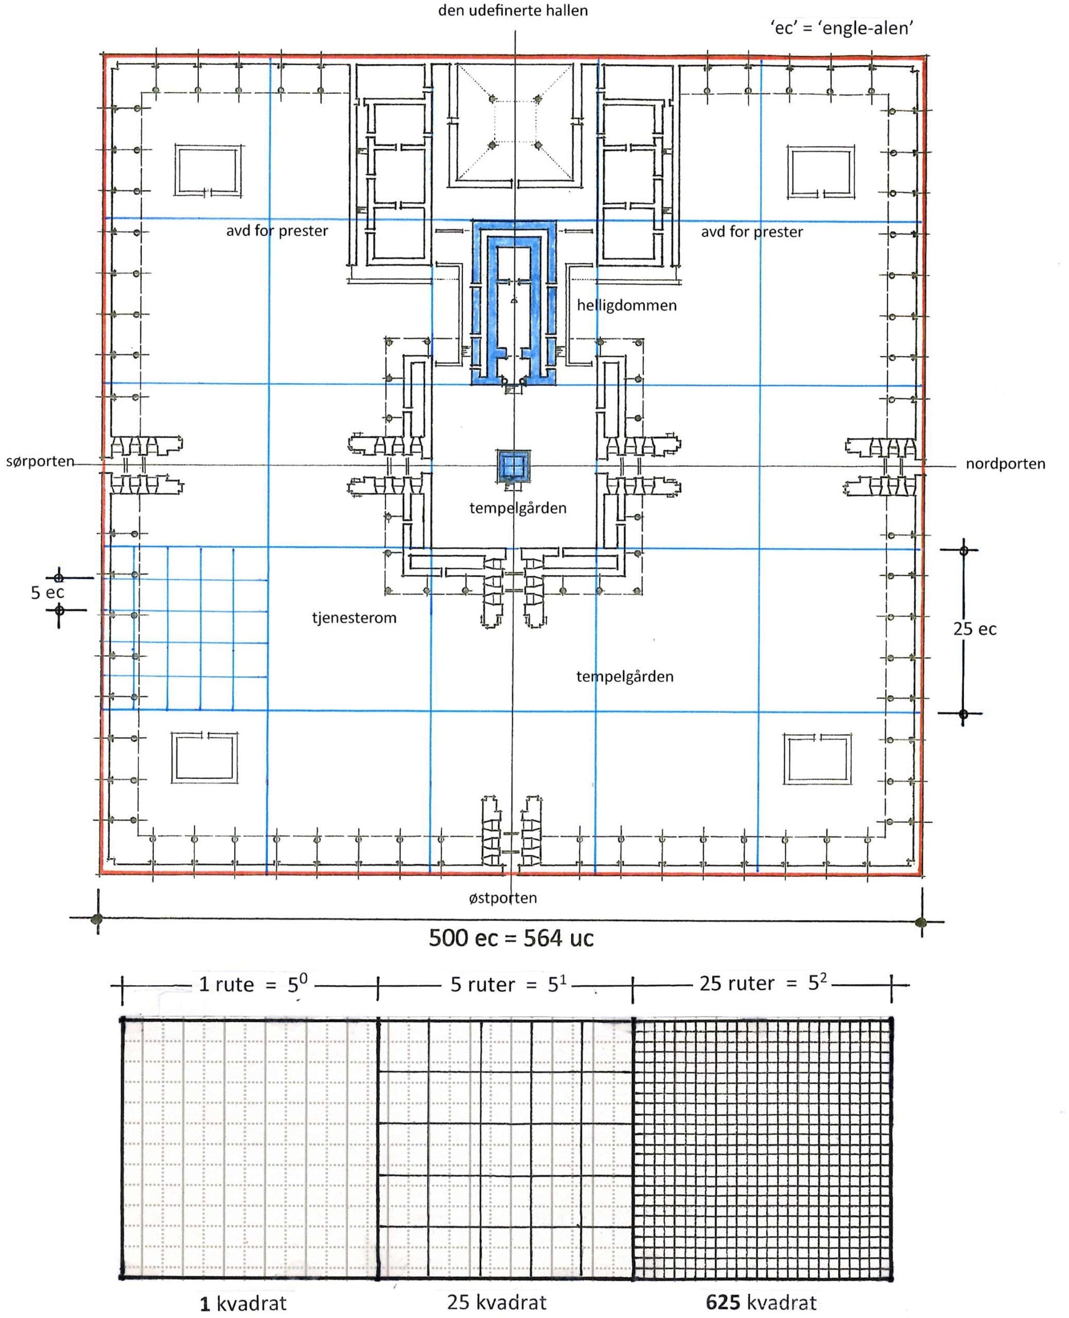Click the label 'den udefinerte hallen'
[513, 10]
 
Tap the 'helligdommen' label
[626, 305]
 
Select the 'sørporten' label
[40, 461]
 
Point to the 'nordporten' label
[1005, 463]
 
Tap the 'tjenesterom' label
[354, 617]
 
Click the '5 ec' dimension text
[47, 592]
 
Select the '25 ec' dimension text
[975, 629]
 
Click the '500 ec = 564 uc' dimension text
[511, 938]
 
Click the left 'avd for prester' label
[277, 231]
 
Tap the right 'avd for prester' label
[752, 232]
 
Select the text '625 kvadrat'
[761, 1302]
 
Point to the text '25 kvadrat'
[497, 1302]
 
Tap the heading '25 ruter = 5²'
[763, 982]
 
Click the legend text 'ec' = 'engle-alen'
[842, 28]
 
